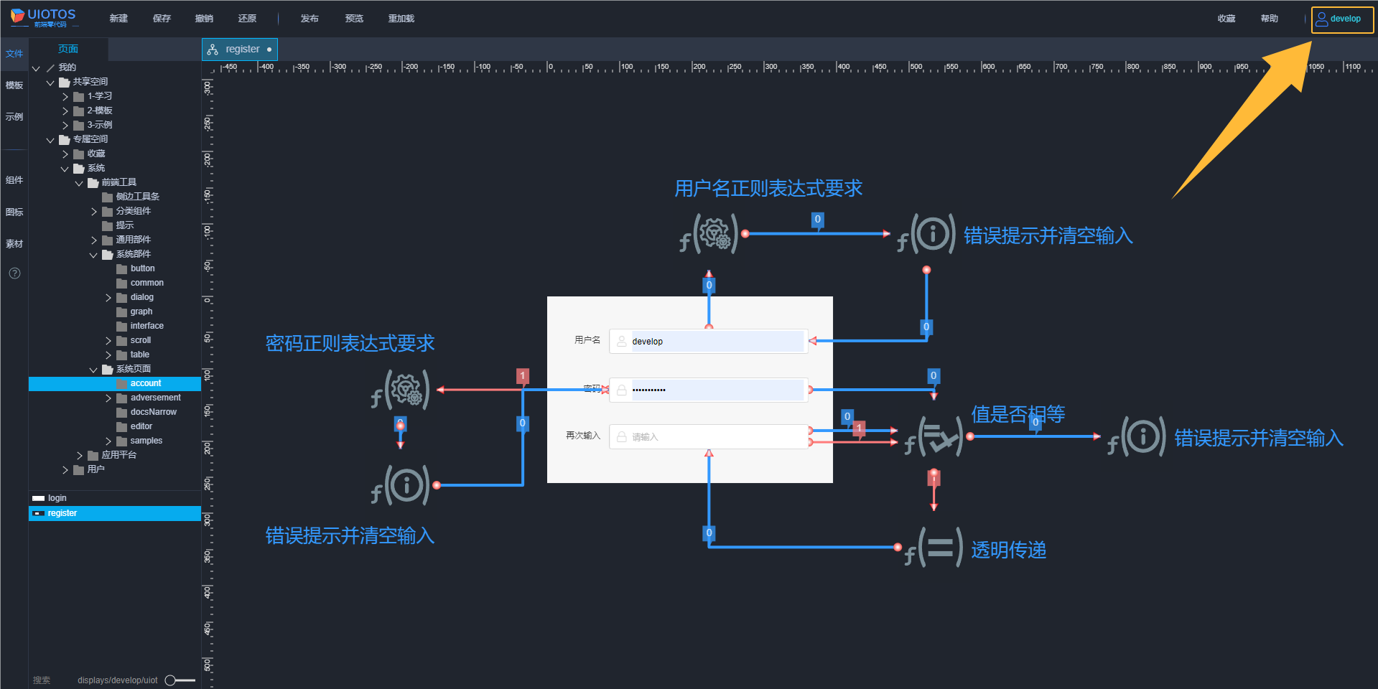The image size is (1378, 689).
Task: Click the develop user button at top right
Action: (x=1341, y=19)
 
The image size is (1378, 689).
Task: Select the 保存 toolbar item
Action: (x=162, y=19)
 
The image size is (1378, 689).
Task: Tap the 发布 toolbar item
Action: (x=309, y=19)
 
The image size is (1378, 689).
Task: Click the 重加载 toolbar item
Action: (x=401, y=19)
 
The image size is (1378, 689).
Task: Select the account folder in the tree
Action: (x=146, y=383)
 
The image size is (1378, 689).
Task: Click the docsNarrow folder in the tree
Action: (x=153, y=412)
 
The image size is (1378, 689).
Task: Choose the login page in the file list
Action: (x=57, y=498)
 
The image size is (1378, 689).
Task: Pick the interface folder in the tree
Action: (x=146, y=326)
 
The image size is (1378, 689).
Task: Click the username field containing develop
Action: (x=716, y=342)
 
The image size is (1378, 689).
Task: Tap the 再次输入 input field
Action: (x=716, y=437)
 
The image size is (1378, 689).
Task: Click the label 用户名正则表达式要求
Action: (x=768, y=189)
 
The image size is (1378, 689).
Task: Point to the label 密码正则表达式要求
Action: (x=350, y=344)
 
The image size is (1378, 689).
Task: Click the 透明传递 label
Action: (x=1008, y=550)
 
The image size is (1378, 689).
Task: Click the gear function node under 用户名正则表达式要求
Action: (x=714, y=233)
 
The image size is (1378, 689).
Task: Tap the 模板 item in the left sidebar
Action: (x=14, y=85)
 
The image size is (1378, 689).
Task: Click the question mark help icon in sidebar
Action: (x=14, y=273)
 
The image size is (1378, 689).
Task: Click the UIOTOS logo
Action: (x=44, y=17)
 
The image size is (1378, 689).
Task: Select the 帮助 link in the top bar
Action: (x=1269, y=19)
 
